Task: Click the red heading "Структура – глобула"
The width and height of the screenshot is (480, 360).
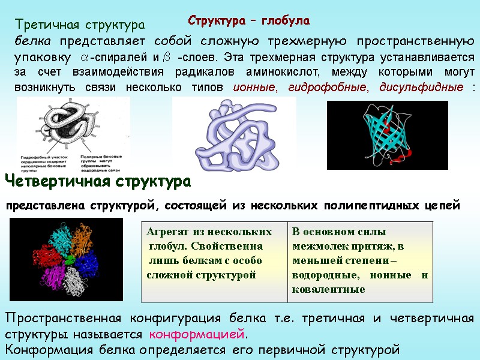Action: click(249, 21)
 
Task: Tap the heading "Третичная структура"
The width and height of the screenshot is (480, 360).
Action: click(80, 25)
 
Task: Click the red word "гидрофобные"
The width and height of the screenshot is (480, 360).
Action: click(328, 88)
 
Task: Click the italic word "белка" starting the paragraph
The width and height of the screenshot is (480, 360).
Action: click(33, 41)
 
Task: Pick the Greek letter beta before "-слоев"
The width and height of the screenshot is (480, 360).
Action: click(167, 58)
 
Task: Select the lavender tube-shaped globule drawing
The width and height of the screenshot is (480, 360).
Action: click(235, 135)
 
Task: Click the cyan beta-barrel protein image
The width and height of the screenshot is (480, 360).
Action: click(387, 136)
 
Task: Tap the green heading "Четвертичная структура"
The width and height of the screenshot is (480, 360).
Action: click(98, 181)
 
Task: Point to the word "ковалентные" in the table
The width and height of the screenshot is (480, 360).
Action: click(329, 289)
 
